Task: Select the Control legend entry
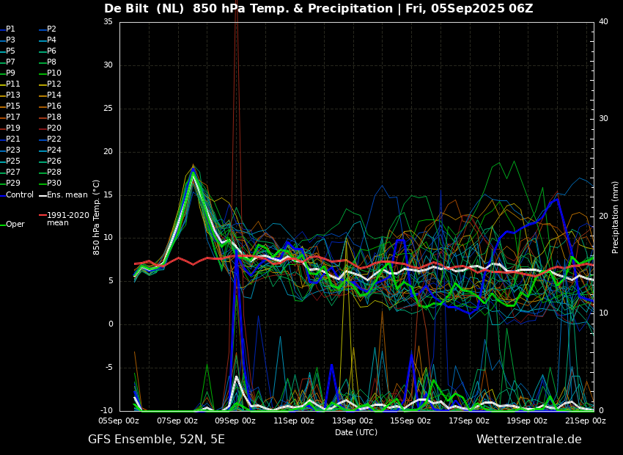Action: coord(17,195)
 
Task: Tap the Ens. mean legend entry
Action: coord(63,195)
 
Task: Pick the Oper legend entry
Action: coord(12,225)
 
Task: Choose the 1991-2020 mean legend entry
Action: coord(64,219)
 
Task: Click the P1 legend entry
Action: coord(7,29)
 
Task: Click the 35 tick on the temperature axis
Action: coord(108,21)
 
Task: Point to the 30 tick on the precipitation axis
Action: coord(603,119)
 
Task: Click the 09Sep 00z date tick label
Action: coord(235,421)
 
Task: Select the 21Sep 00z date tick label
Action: coord(586,421)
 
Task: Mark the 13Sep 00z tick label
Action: coord(353,421)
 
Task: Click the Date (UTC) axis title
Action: coord(356,432)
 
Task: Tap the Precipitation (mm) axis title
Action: coord(615,217)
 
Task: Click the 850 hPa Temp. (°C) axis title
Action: coord(96,217)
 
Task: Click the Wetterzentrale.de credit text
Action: coord(529,440)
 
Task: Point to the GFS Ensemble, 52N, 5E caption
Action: coord(157,440)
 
